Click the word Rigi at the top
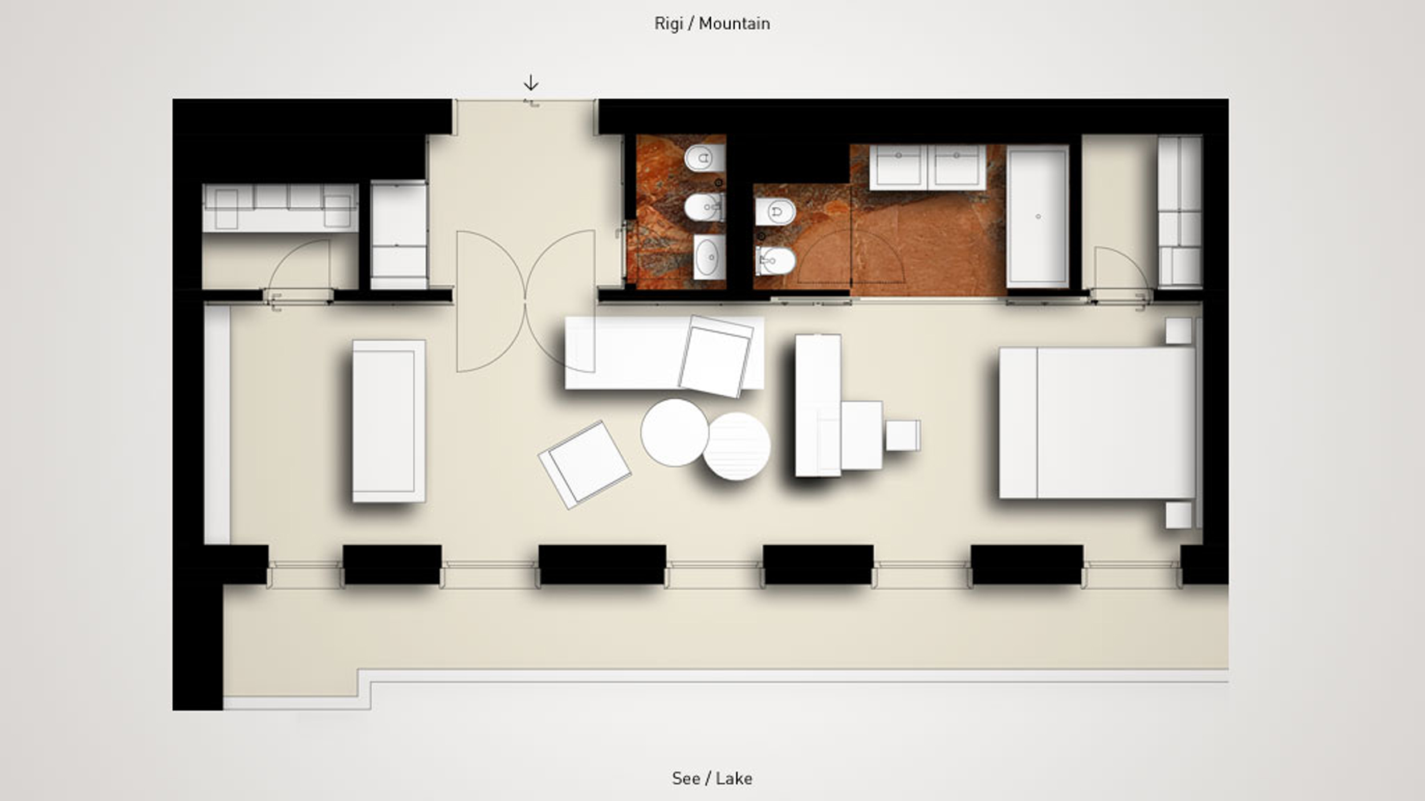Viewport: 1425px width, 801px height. [x=668, y=23]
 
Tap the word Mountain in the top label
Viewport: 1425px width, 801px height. [x=734, y=23]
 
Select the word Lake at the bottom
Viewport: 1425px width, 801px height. [x=734, y=778]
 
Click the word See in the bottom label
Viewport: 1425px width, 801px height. [x=686, y=778]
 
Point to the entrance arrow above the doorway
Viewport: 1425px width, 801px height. [x=531, y=83]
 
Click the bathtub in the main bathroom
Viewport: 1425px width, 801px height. [x=1037, y=216]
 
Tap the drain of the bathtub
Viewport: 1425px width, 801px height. [x=1038, y=216]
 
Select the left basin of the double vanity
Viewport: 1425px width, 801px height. [x=898, y=167]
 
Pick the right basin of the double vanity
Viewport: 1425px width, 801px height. [x=957, y=167]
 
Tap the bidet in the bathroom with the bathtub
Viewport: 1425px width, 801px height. [x=775, y=261]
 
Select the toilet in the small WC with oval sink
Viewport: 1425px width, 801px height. [x=705, y=206]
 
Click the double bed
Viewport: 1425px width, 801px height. [x=1097, y=423]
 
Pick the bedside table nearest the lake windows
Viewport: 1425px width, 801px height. [x=1179, y=515]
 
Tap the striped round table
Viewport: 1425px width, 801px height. [x=736, y=446]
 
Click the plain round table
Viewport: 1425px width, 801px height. [x=674, y=432]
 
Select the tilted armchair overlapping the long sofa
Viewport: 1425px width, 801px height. [x=716, y=356]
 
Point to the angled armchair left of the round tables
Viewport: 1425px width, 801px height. [x=585, y=465]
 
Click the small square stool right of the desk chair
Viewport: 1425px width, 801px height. [x=903, y=435]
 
